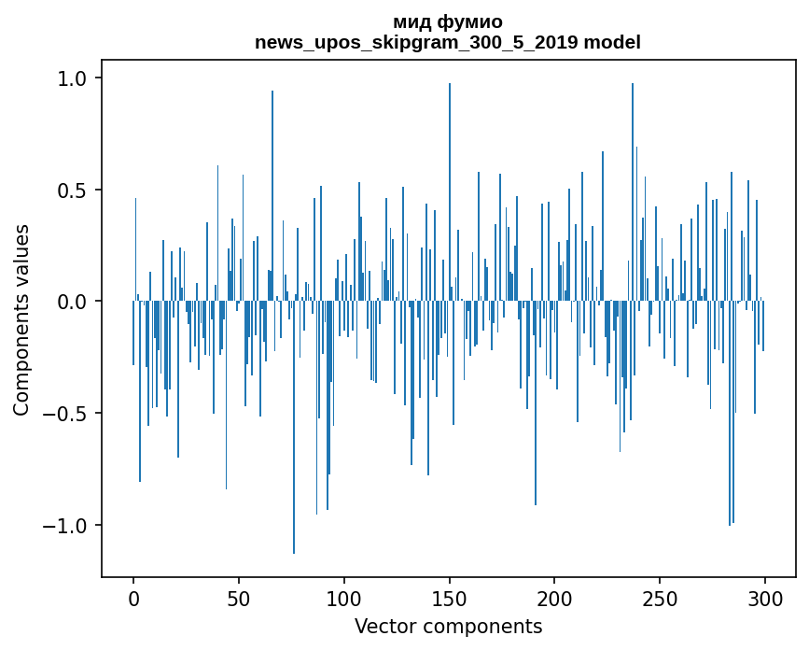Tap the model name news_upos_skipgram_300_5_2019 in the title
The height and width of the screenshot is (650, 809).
[x=417, y=42]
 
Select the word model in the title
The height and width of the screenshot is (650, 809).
[x=611, y=42]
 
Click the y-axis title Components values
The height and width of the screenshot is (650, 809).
[x=21, y=320]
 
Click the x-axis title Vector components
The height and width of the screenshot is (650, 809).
[x=448, y=626]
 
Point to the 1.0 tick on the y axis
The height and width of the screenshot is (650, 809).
[x=74, y=78]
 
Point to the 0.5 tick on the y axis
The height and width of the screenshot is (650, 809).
[x=74, y=191]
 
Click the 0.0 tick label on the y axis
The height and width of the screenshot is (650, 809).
[x=74, y=302]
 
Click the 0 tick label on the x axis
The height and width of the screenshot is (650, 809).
[x=133, y=598]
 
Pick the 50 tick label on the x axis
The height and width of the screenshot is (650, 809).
[x=239, y=598]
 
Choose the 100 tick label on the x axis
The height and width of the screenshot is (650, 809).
[x=344, y=598]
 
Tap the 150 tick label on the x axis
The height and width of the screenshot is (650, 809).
[x=450, y=598]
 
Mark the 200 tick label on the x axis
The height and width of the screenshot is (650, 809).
[x=555, y=598]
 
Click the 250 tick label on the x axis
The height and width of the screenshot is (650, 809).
[x=660, y=598]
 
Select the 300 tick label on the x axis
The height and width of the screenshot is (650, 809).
[x=765, y=598]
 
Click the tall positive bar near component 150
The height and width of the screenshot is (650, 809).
[x=450, y=187]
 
